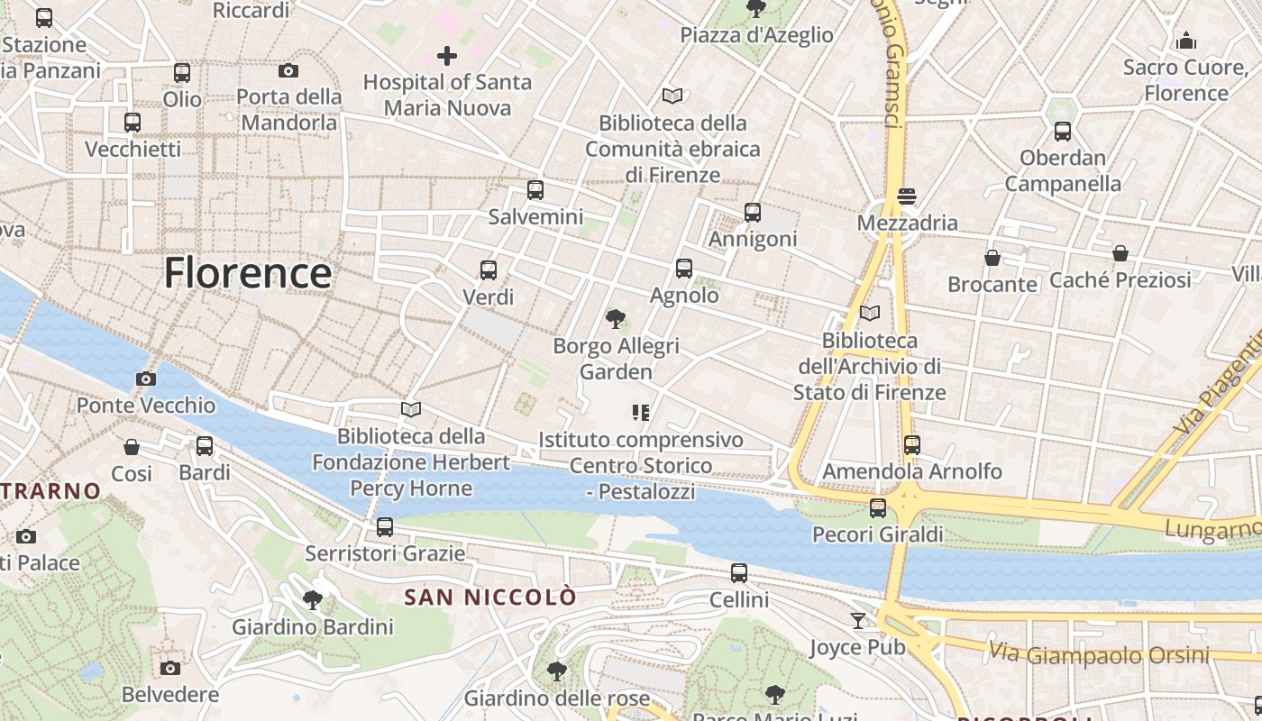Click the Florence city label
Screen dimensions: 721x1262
tap(248, 273)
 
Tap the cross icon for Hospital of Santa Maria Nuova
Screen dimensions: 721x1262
tap(447, 56)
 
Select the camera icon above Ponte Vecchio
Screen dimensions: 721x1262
tap(145, 379)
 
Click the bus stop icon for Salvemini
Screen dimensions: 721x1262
tap(535, 190)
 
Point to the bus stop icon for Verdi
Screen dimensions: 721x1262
tap(489, 269)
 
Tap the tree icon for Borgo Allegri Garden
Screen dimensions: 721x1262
tap(616, 318)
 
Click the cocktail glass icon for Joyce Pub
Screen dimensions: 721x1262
tap(857, 620)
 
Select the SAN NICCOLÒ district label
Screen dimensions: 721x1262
tap(489, 597)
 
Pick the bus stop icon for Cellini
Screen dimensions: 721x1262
tap(739, 572)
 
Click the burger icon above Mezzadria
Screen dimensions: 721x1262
tap(907, 196)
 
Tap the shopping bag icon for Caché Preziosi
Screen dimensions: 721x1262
tap(1120, 253)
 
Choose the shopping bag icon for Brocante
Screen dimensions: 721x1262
tap(992, 258)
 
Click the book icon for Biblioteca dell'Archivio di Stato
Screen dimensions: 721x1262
tap(870, 313)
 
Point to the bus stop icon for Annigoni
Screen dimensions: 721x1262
tap(753, 213)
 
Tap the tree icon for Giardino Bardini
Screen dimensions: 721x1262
tap(313, 599)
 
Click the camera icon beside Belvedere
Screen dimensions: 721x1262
tap(170, 668)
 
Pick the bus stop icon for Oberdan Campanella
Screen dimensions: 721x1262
tap(1063, 132)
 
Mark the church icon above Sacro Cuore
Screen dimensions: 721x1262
tap(1186, 41)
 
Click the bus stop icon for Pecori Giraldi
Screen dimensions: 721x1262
tap(878, 508)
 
